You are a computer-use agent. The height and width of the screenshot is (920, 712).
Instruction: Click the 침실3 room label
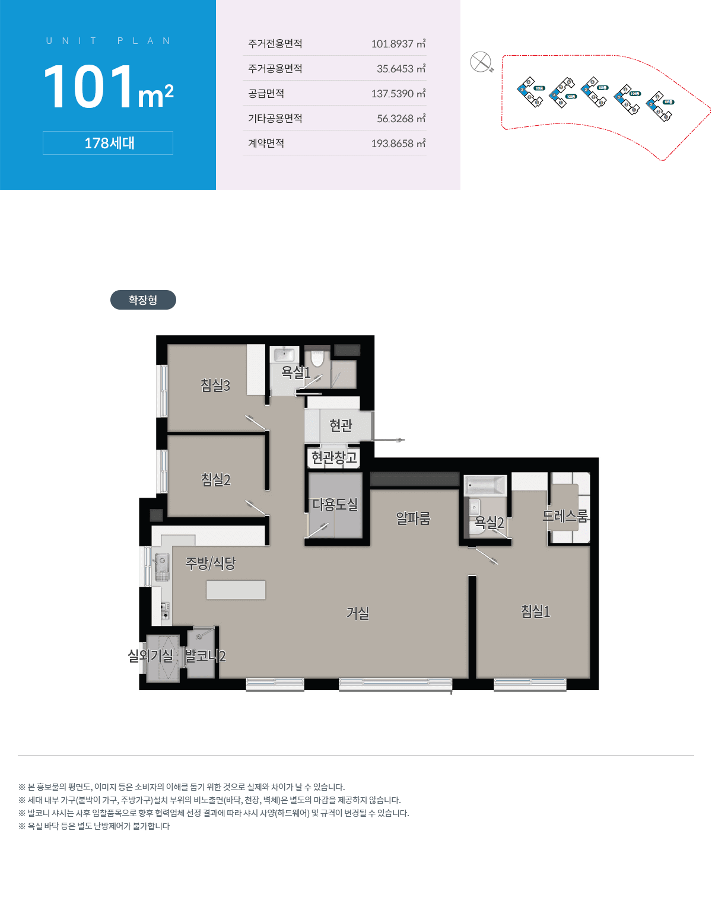tap(215, 386)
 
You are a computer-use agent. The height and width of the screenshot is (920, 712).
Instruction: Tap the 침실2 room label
tap(215, 479)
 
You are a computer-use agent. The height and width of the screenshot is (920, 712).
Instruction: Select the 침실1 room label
tap(535, 611)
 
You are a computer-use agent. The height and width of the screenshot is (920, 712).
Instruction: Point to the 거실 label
tap(358, 613)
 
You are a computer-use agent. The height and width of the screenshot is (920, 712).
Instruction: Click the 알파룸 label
tap(413, 518)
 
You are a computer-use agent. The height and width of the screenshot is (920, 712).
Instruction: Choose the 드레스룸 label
tap(565, 516)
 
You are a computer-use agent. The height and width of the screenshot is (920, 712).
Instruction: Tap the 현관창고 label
tap(334, 457)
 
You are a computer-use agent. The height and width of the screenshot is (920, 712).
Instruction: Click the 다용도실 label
tap(335, 504)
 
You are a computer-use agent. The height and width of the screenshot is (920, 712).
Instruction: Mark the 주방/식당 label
tap(211, 563)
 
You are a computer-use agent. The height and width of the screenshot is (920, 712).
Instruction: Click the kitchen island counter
tap(236, 590)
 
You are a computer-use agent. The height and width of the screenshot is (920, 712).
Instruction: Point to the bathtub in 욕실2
tap(485, 486)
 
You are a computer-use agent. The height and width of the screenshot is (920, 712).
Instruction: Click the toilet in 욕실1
tap(317, 358)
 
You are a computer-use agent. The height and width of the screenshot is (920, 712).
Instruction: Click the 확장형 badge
tap(143, 300)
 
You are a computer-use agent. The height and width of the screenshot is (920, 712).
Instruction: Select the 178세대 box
tap(108, 143)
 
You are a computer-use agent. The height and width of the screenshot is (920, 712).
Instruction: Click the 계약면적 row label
tap(266, 144)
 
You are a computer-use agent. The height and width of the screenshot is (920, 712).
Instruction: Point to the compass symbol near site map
tap(481, 62)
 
